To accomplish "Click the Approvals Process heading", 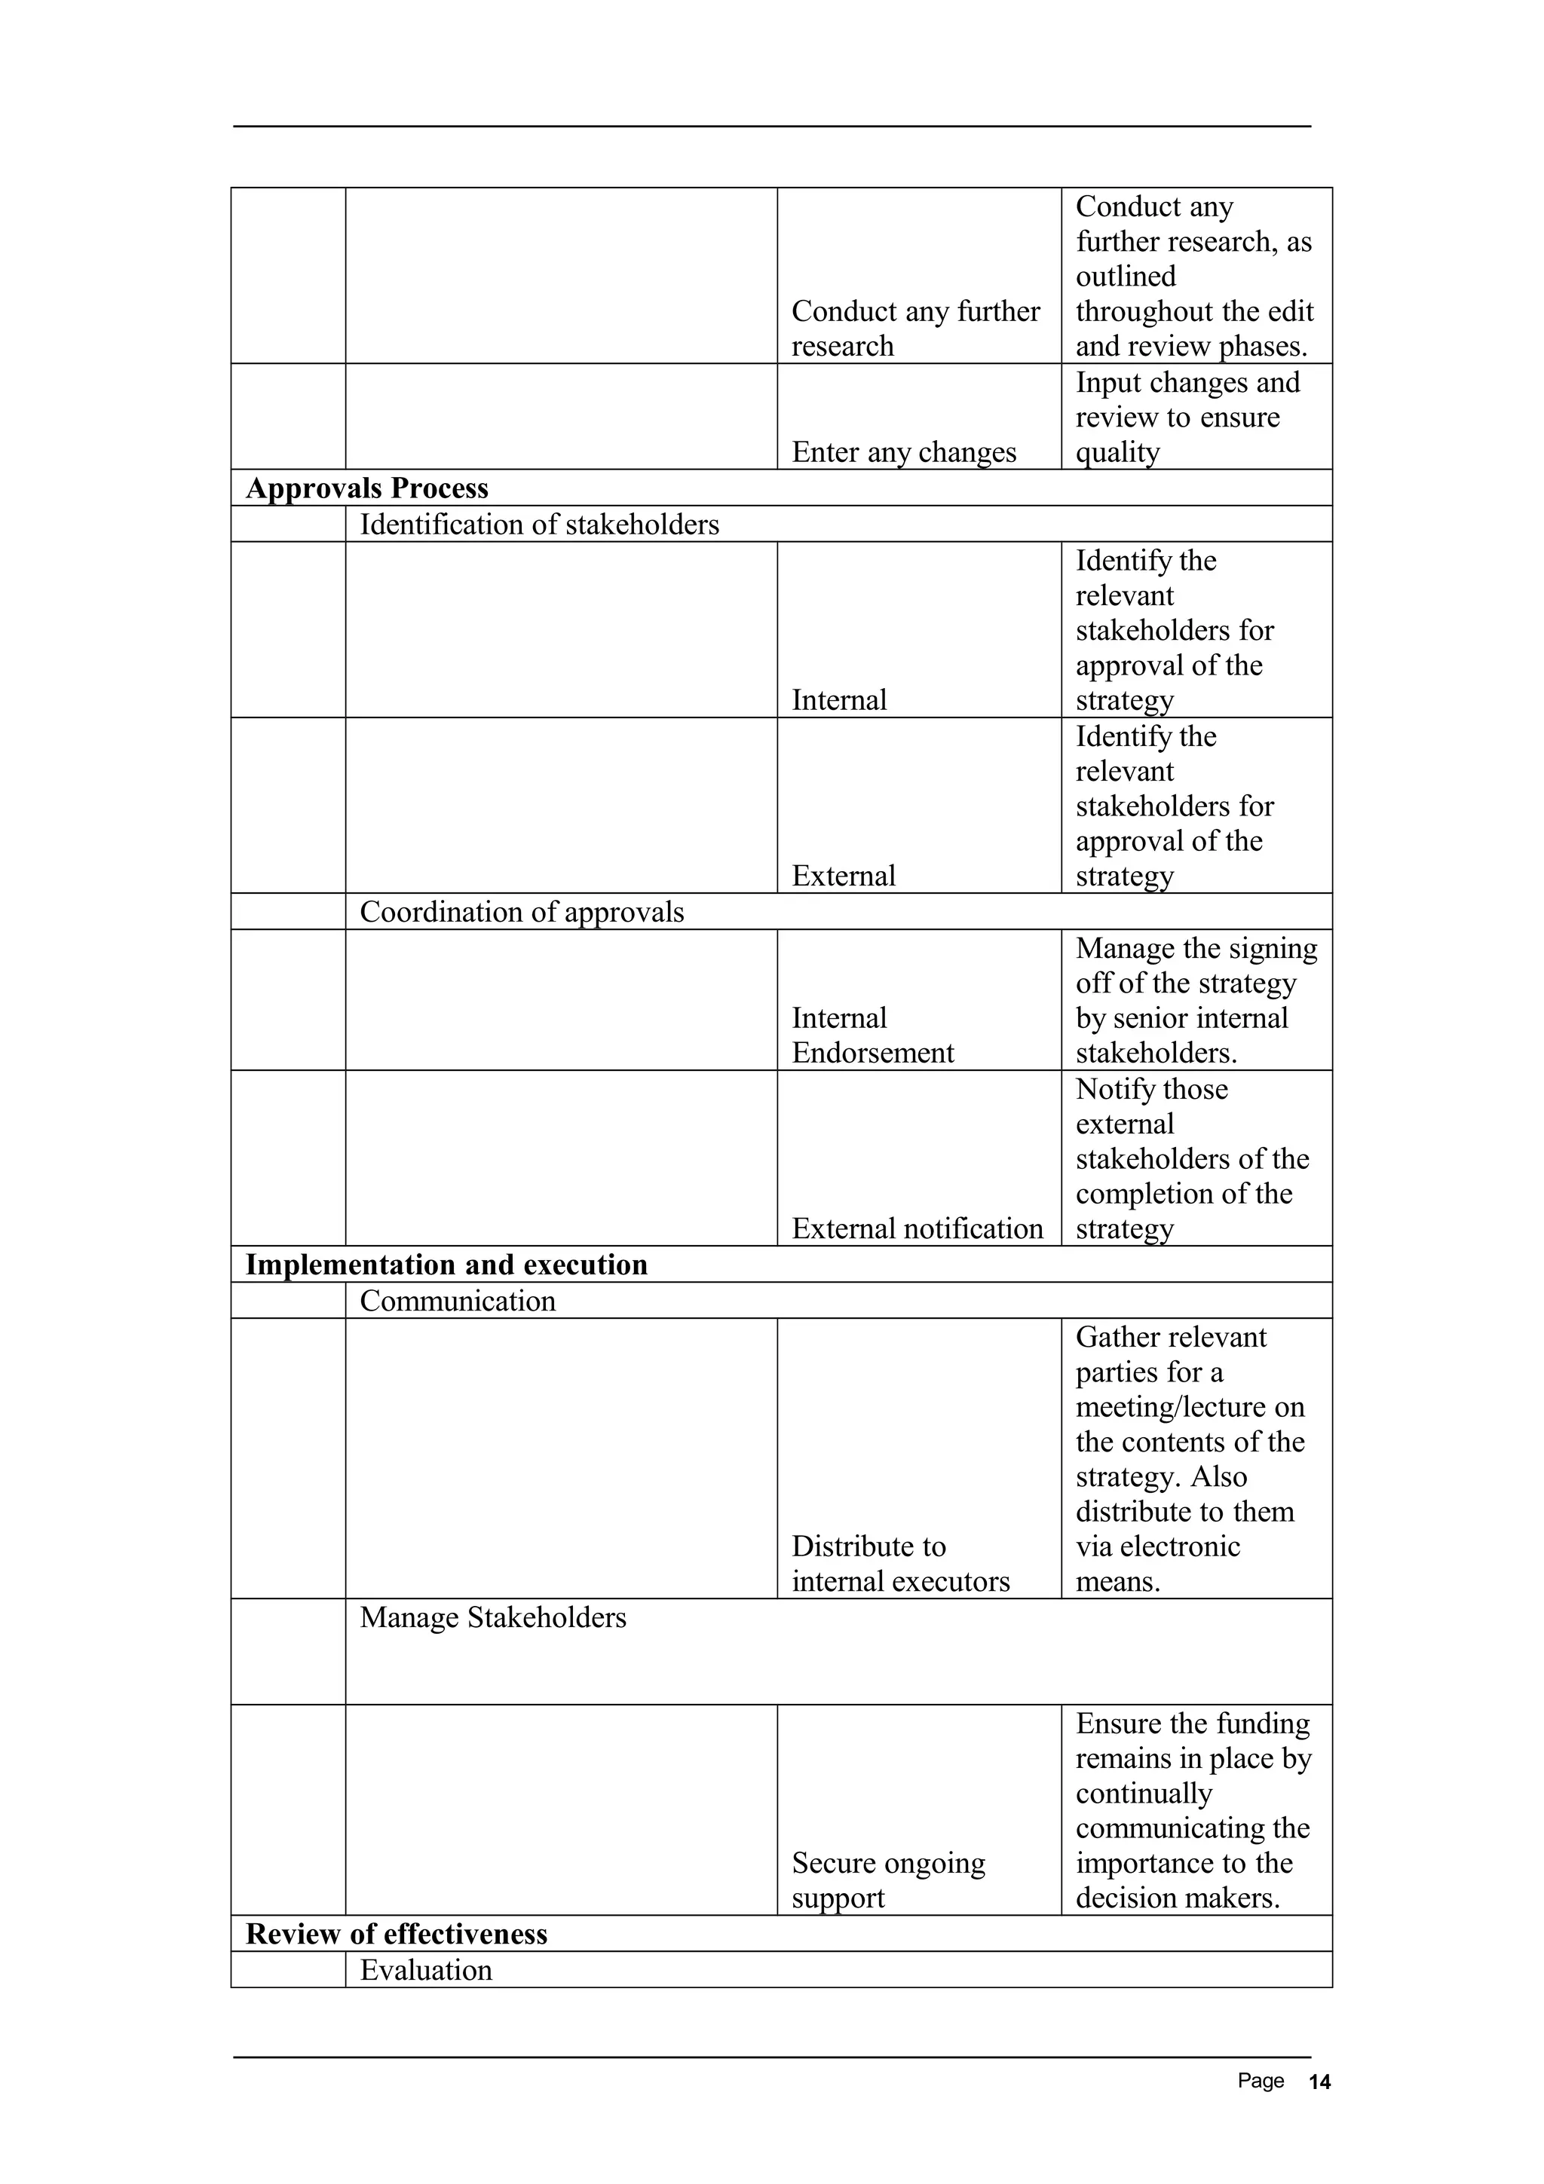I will click(366, 488).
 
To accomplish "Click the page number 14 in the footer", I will click(1319, 2082).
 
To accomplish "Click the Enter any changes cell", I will click(903, 452).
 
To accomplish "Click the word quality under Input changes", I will click(1117, 452).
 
